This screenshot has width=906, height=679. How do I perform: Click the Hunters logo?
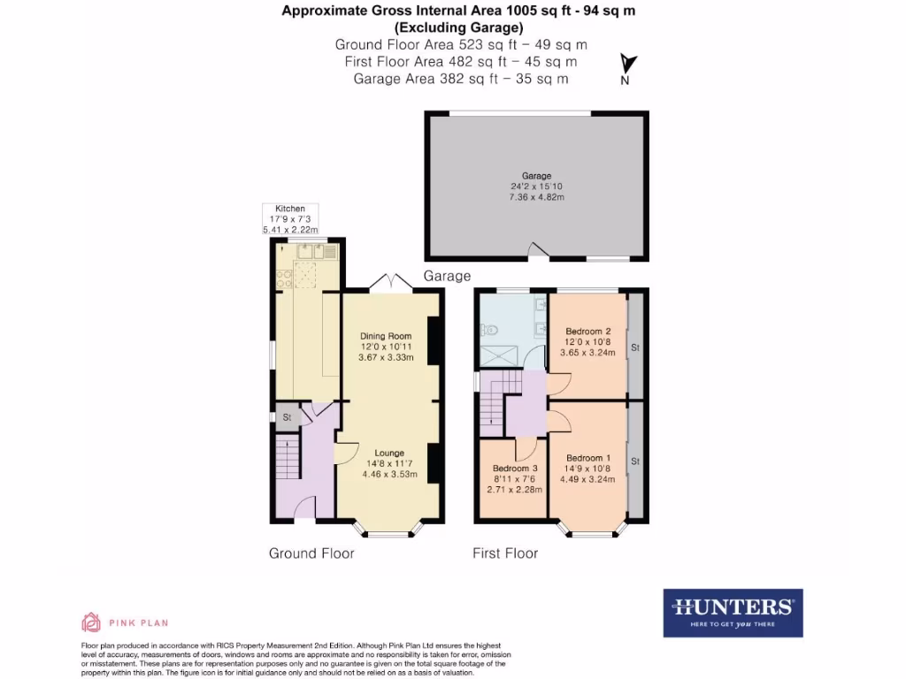[733, 613]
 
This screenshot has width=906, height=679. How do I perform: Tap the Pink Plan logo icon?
[91, 622]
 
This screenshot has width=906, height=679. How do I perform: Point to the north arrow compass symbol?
[626, 69]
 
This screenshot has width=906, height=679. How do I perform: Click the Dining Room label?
[387, 336]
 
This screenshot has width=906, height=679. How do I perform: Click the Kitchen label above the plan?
[289, 209]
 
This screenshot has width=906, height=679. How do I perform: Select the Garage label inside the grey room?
[537, 176]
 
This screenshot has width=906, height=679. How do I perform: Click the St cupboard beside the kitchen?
[287, 418]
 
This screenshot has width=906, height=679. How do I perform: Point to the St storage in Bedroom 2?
[634, 348]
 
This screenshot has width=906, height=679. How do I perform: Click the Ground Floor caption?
[311, 553]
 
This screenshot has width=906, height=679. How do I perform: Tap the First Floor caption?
[505, 553]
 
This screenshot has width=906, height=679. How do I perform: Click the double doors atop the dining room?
[390, 283]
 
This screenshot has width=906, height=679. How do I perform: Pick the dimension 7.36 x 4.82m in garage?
[537, 197]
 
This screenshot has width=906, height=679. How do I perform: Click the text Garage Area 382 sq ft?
[460, 79]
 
